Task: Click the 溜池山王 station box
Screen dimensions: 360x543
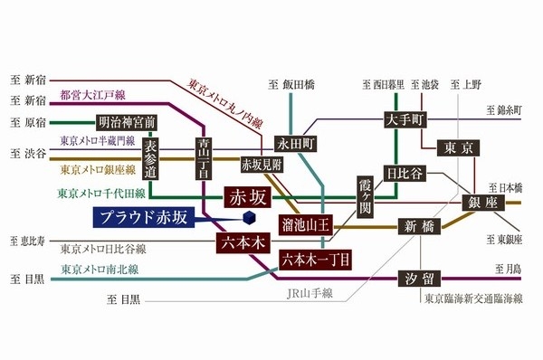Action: point(305,222)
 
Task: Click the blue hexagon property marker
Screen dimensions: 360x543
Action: point(249,218)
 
